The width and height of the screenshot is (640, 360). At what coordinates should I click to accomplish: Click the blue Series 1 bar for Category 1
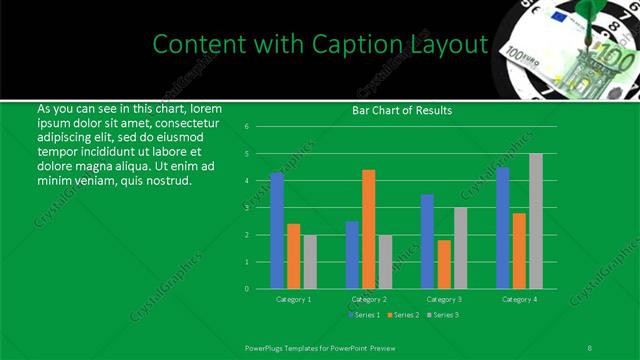tap(277, 230)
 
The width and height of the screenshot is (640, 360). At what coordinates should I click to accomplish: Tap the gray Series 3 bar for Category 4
tap(536, 221)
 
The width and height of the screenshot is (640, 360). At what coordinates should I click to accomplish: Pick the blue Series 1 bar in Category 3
tap(427, 241)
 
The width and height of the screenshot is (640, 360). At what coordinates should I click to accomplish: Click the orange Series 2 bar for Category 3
tap(444, 264)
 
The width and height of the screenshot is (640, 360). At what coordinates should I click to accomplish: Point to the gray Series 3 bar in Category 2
tap(386, 262)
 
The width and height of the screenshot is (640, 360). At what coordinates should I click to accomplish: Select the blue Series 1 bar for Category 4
tap(502, 228)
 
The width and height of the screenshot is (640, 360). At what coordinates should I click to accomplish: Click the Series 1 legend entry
tap(366, 316)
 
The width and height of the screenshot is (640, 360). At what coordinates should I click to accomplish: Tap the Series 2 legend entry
tap(405, 316)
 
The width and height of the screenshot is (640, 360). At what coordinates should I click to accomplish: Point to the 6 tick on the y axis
tap(246, 127)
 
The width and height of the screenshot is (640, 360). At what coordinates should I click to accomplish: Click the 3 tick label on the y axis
tap(246, 208)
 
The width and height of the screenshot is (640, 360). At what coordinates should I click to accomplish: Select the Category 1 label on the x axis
tap(294, 299)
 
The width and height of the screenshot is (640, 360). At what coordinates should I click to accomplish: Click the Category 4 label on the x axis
tap(519, 299)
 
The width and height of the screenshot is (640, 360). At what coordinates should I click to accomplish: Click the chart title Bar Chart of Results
tap(402, 110)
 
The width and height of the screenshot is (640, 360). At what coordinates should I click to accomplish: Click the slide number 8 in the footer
tap(590, 346)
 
